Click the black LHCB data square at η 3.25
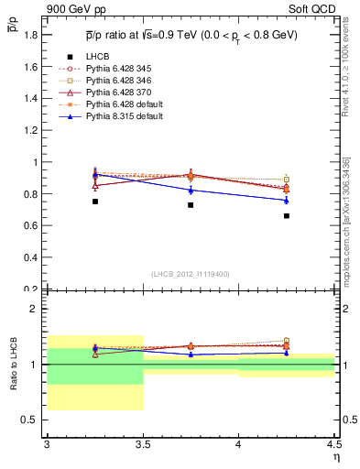click(x=95, y=201)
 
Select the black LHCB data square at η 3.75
click(x=191, y=204)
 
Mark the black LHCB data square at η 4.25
click(x=287, y=216)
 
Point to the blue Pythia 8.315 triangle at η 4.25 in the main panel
click(x=287, y=200)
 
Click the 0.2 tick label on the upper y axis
click(x=31, y=289)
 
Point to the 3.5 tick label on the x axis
click(x=143, y=444)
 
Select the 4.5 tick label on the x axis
click(x=333, y=444)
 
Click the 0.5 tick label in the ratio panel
click(x=31, y=420)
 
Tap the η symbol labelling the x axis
click(x=335, y=456)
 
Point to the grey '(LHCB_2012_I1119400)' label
click(x=191, y=274)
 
